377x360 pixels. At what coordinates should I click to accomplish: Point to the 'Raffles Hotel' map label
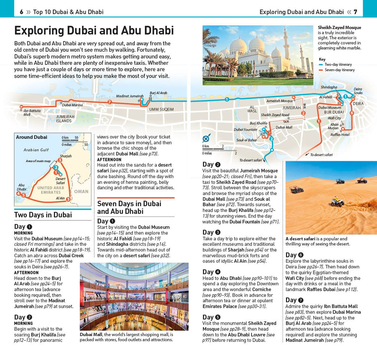[x=340, y=135]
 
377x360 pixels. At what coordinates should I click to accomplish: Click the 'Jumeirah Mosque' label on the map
[x=279, y=101]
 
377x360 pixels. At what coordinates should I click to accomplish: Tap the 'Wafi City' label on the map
[x=334, y=118]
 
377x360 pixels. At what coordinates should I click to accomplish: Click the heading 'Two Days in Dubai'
[x=43, y=215]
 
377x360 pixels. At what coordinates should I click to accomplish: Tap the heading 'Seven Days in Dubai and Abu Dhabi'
[x=129, y=208]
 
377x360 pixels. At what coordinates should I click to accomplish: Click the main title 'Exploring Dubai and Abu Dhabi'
[x=94, y=30]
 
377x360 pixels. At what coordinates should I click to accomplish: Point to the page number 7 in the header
[x=355, y=12]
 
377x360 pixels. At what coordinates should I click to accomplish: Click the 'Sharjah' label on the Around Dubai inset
[x=66, y=156]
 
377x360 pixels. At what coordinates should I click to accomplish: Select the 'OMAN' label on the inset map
[x=81, y=191]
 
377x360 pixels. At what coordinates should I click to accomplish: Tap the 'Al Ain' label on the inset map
[x=60, y=198]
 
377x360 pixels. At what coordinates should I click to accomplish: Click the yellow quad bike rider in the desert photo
[x=336, y=201]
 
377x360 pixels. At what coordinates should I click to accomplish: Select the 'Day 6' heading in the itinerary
[x=294, y=255]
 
